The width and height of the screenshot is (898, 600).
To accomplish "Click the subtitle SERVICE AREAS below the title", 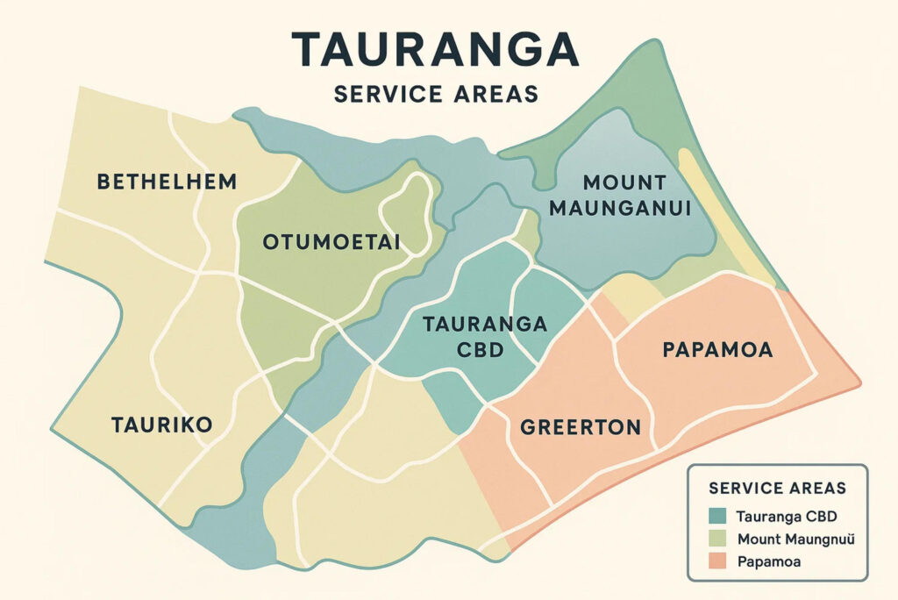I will [435, 93].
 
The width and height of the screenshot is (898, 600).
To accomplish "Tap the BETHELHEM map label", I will [167, 182].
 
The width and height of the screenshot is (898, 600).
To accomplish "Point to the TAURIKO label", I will [162, 425].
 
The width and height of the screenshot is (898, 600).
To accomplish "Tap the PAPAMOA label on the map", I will [717, 350].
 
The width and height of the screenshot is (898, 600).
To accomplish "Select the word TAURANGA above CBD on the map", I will [485, 324].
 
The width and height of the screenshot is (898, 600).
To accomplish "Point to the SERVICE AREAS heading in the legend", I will [778, 488].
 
